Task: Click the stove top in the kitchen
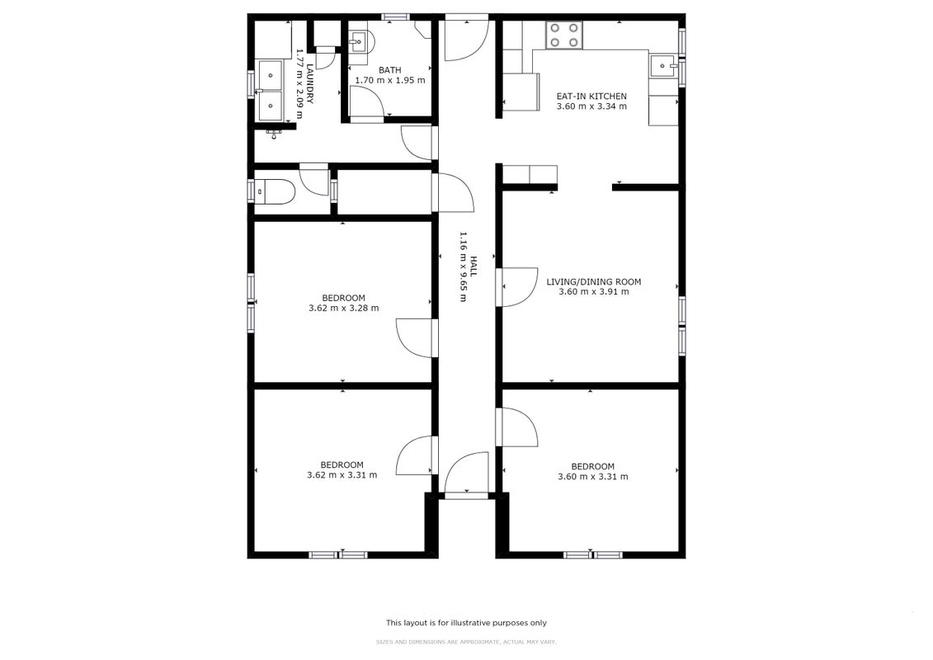coord(564,35)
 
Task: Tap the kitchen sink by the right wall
coord(663,66)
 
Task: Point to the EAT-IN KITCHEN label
coord(591,96)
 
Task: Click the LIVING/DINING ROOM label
coord(594,281)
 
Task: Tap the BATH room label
coord(389,70)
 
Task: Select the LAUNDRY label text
coord(310,84)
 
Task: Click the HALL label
coord(474,266)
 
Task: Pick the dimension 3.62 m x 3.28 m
coord(344,309)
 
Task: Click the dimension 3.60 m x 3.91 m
coord(594,291)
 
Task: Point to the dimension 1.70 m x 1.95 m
coord(389,80)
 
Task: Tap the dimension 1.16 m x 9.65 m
coord(463,266)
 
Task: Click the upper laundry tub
coord(270,74)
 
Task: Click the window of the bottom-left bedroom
coord(338,554)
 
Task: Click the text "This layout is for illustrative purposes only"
coord(467,623)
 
